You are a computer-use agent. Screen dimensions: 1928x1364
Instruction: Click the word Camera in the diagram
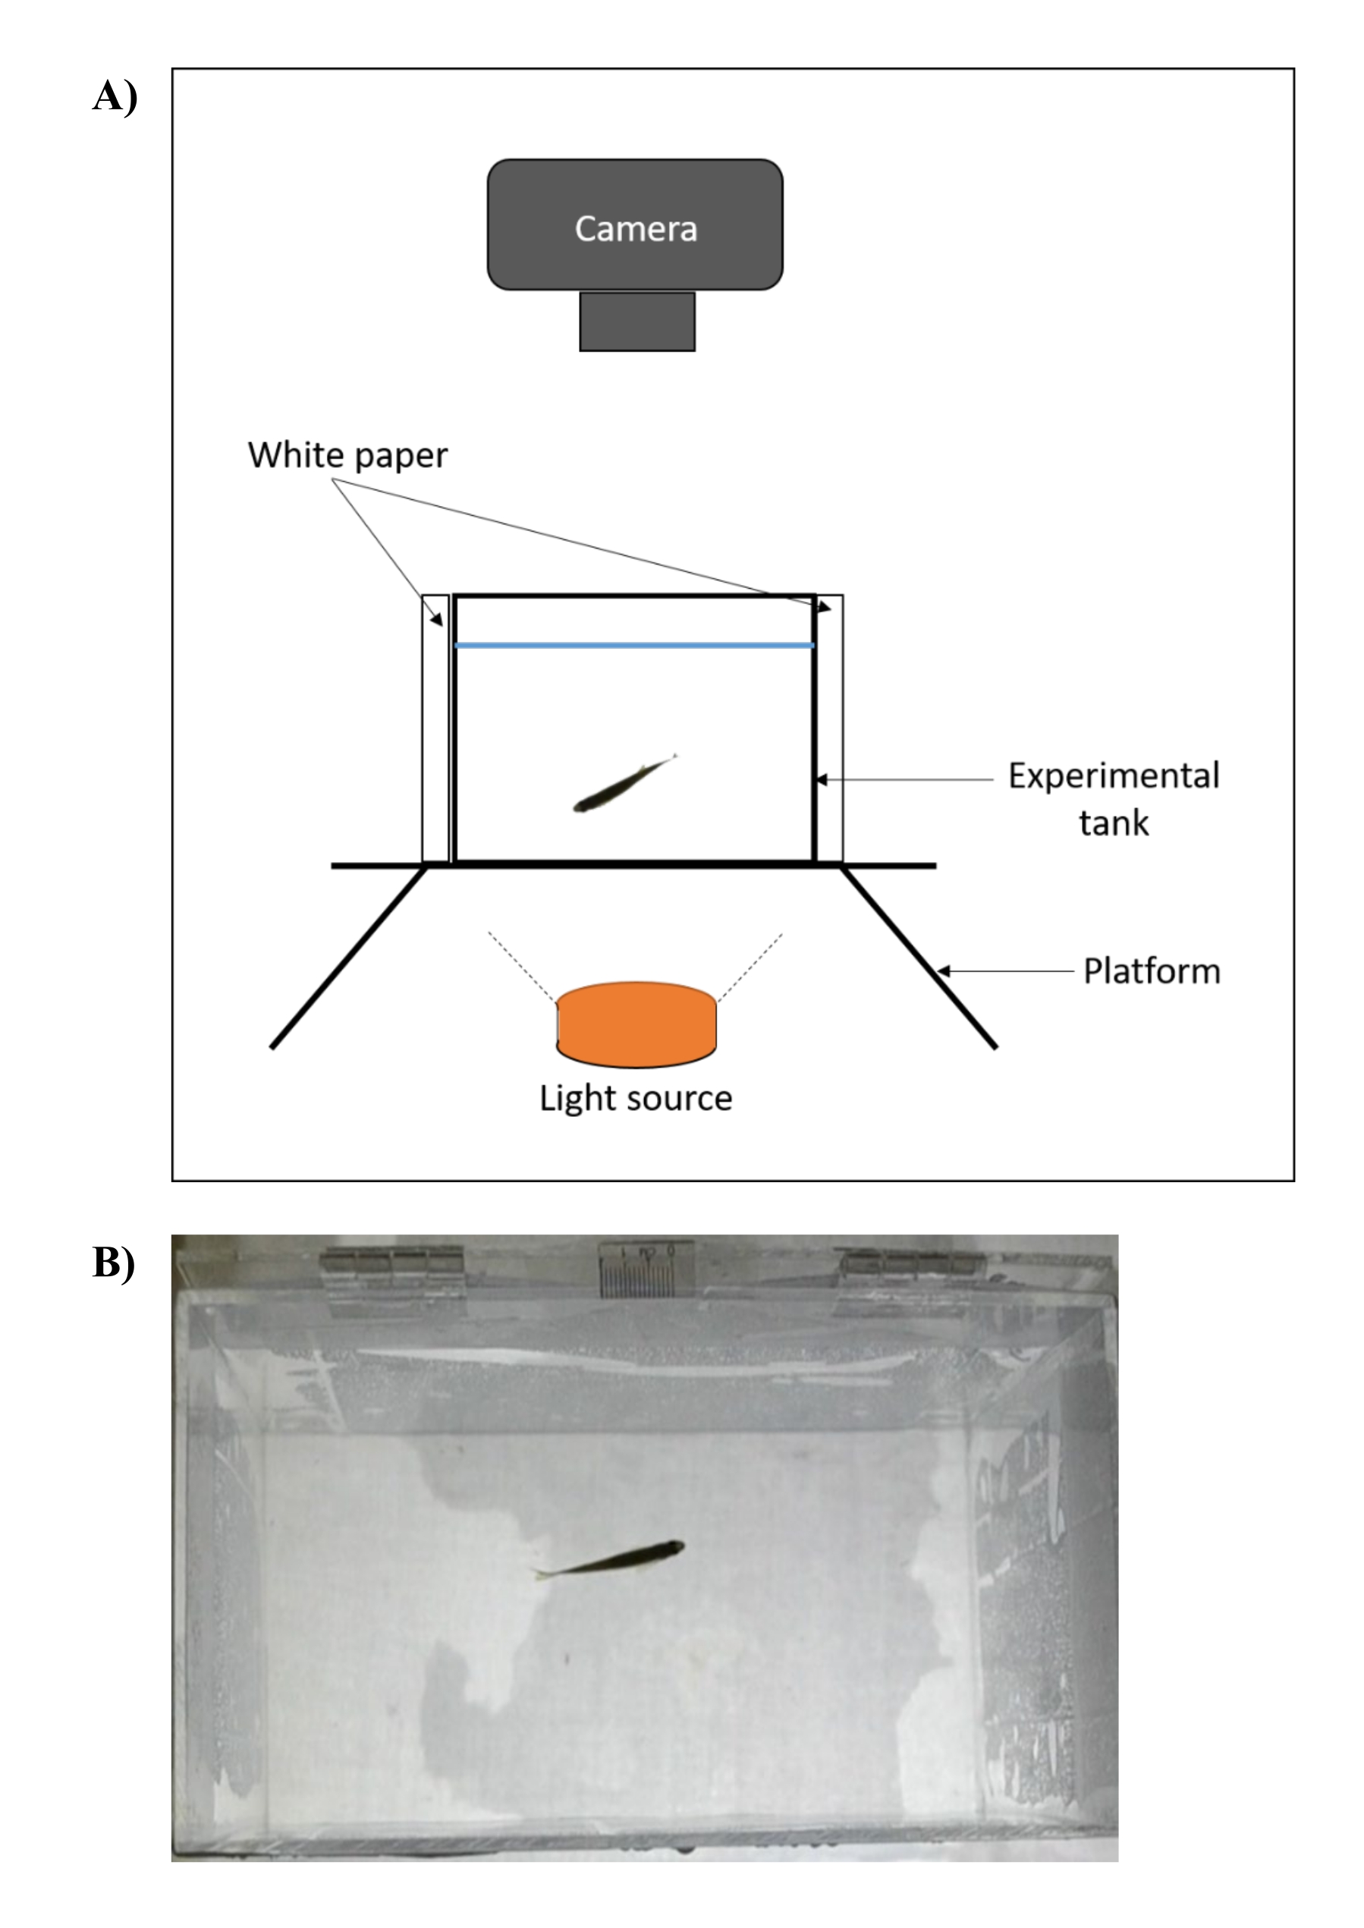click(635, 228)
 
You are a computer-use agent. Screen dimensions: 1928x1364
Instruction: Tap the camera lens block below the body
click(636, 321)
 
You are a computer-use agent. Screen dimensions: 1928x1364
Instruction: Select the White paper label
click(347, 455)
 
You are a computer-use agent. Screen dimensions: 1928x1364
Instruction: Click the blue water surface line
click(634, 645)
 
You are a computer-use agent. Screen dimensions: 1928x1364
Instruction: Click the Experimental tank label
click(1113, 798)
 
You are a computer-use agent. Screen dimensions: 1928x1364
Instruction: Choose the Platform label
click(1151, 971)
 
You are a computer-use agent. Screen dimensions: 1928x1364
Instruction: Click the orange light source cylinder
click(636, 1024)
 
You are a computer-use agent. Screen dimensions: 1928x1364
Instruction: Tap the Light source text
click(635, 1098)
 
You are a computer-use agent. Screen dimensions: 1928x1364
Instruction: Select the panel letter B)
click(113, 1263)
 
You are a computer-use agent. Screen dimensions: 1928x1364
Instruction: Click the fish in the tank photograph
click(611, 1558)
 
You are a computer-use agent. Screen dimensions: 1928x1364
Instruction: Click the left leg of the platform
click(348, 958)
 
